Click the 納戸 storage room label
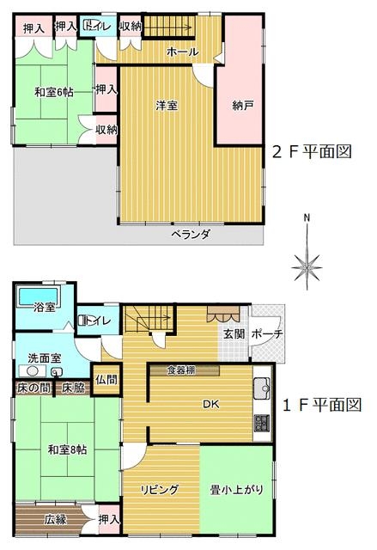point(243,106)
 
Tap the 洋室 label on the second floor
point(167,105)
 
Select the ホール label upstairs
point(183,52)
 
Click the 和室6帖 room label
point(53,92)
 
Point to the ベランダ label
point(191,234)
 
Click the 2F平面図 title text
point(312,151)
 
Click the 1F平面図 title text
point(321,405)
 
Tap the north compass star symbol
point(307,267)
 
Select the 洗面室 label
point(45,357)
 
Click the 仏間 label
point(106,380)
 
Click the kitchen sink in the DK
point(262,388)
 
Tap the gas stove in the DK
point(262,423)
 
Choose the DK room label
point(211,404)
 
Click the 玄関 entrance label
point(234,333)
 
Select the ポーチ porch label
point(267,333)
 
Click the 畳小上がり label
point(236,490)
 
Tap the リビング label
point(160,489)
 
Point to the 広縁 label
point(55,519)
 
